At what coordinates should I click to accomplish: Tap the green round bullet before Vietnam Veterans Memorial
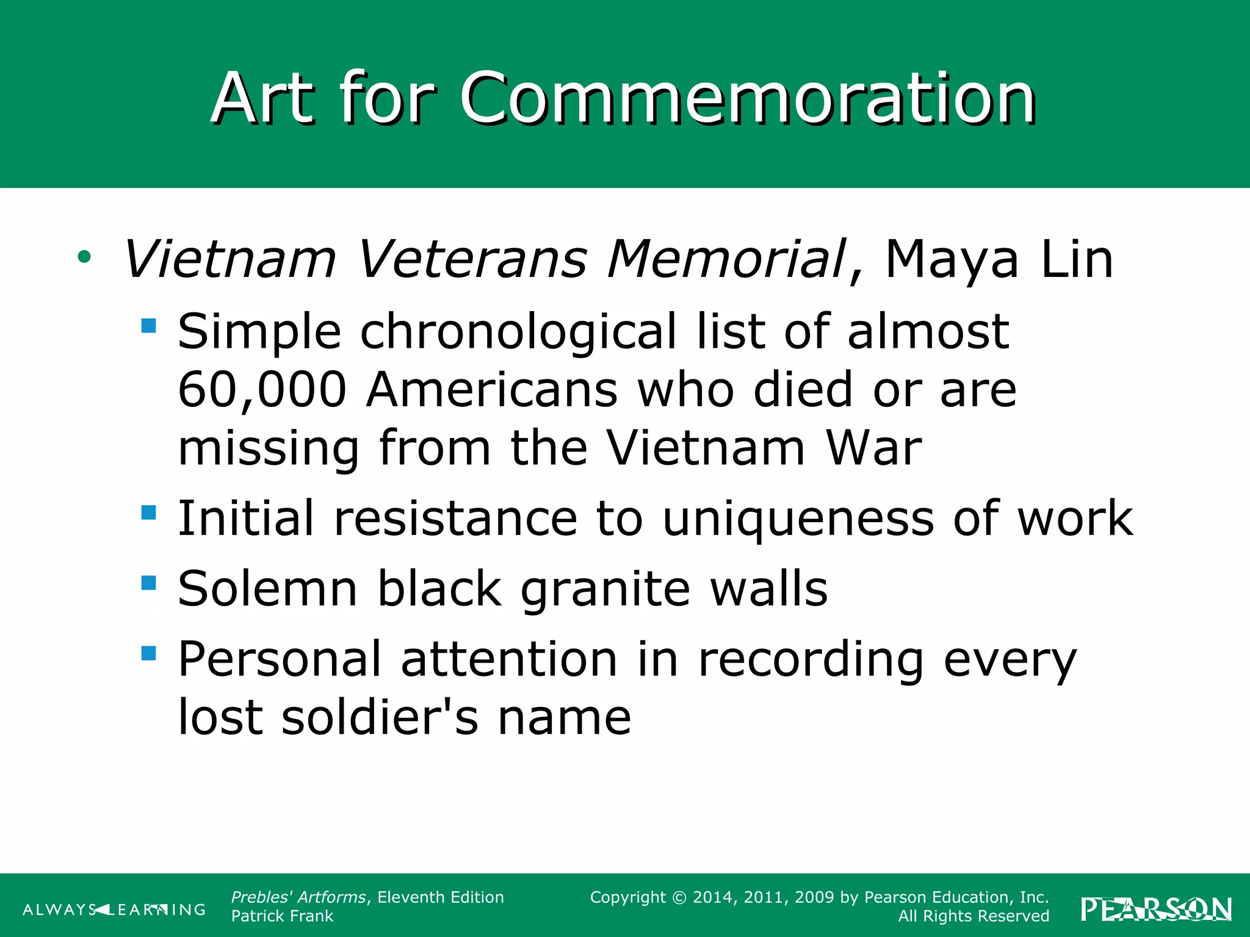84,257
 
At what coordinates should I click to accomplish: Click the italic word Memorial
726,259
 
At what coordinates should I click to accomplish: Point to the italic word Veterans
472,259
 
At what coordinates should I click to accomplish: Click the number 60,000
262,390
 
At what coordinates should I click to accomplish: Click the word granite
605,590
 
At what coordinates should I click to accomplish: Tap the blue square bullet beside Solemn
148,583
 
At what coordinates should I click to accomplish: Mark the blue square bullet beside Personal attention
148,653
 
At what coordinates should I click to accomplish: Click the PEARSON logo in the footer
1156,909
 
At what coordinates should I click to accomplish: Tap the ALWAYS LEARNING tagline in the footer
114,910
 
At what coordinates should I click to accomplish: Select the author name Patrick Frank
282,916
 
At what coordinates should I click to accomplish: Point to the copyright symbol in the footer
679,898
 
